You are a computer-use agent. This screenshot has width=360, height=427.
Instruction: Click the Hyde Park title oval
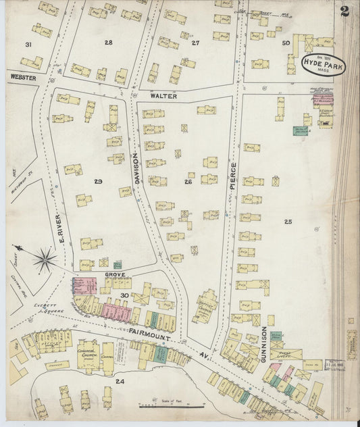(317, 66)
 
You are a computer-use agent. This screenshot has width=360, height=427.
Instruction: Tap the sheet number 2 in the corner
(345, 11)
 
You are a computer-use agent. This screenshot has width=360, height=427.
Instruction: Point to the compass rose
(45, 257)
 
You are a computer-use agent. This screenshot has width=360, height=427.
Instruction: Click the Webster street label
(22, 78)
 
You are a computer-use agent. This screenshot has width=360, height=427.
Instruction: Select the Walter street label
(163, 97)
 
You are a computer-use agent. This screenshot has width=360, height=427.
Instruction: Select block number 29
(99, 182)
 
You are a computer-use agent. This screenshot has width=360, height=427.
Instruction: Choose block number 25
(288, 222)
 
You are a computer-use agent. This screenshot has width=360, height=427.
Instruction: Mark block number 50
(286, 43)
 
